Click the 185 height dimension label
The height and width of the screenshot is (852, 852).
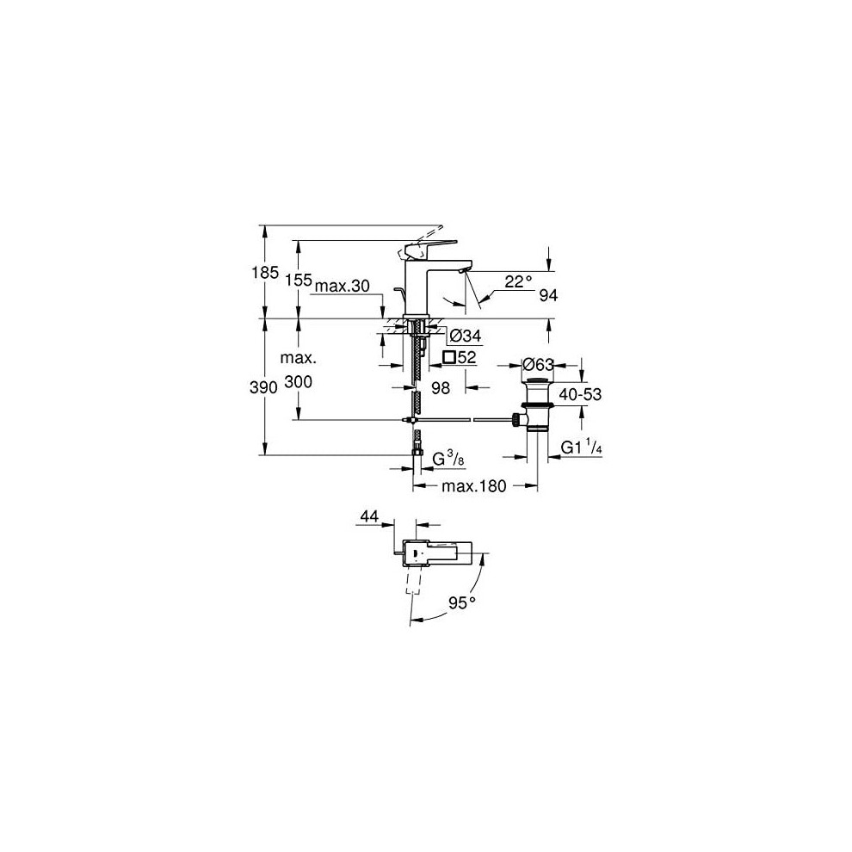(265, 272)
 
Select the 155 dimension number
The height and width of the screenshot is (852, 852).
(299, 280)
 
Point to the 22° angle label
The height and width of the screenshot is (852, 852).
(518, 281)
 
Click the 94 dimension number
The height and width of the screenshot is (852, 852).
(548, 295)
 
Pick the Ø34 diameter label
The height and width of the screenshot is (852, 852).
(466, 336)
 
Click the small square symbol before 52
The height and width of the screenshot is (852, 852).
(449, 357)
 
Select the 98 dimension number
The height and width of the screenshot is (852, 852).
(441, 387)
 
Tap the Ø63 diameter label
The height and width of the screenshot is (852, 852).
(537, 364)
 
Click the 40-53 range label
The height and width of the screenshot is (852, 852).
(580, 394)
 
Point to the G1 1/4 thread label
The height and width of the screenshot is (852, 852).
(582, 448)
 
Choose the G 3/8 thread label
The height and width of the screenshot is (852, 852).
(448, 460)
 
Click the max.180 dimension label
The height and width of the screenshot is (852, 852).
(474, 485)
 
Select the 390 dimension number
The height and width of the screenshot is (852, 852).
(263, 387)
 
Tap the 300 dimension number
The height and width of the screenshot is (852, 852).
(299, 382)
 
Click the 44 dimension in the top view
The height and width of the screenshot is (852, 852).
(369, 516)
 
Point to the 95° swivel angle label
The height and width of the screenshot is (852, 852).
(462, 602)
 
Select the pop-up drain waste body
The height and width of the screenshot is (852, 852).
(537, 403)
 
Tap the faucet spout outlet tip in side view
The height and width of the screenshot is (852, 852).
(462, 270)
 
